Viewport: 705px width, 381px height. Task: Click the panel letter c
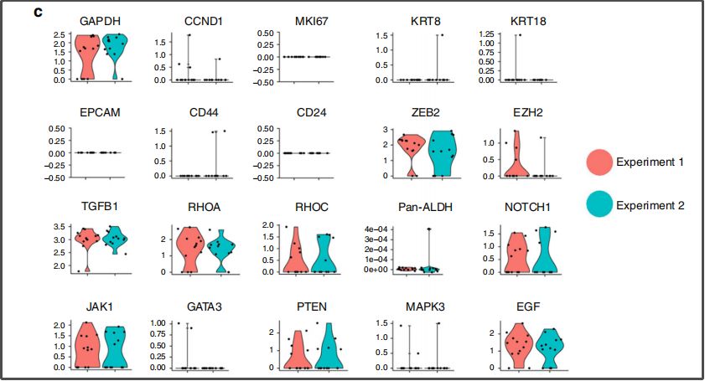38,13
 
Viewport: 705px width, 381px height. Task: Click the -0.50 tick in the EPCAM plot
53,177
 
